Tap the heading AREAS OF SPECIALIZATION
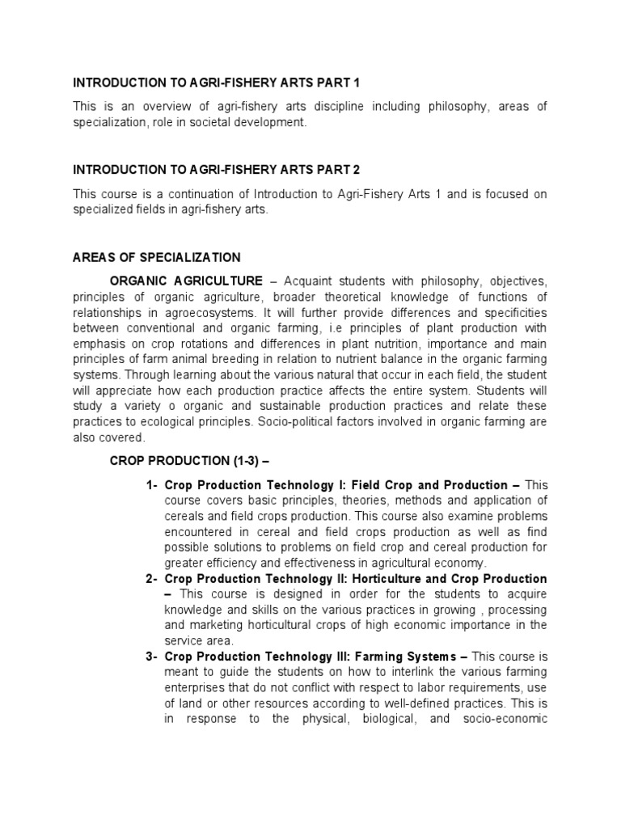(157, 258)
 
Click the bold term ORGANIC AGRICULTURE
(186, 281)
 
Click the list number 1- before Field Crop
(152, 485)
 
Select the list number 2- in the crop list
(152, 579)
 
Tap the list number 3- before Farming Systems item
(152, 657)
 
